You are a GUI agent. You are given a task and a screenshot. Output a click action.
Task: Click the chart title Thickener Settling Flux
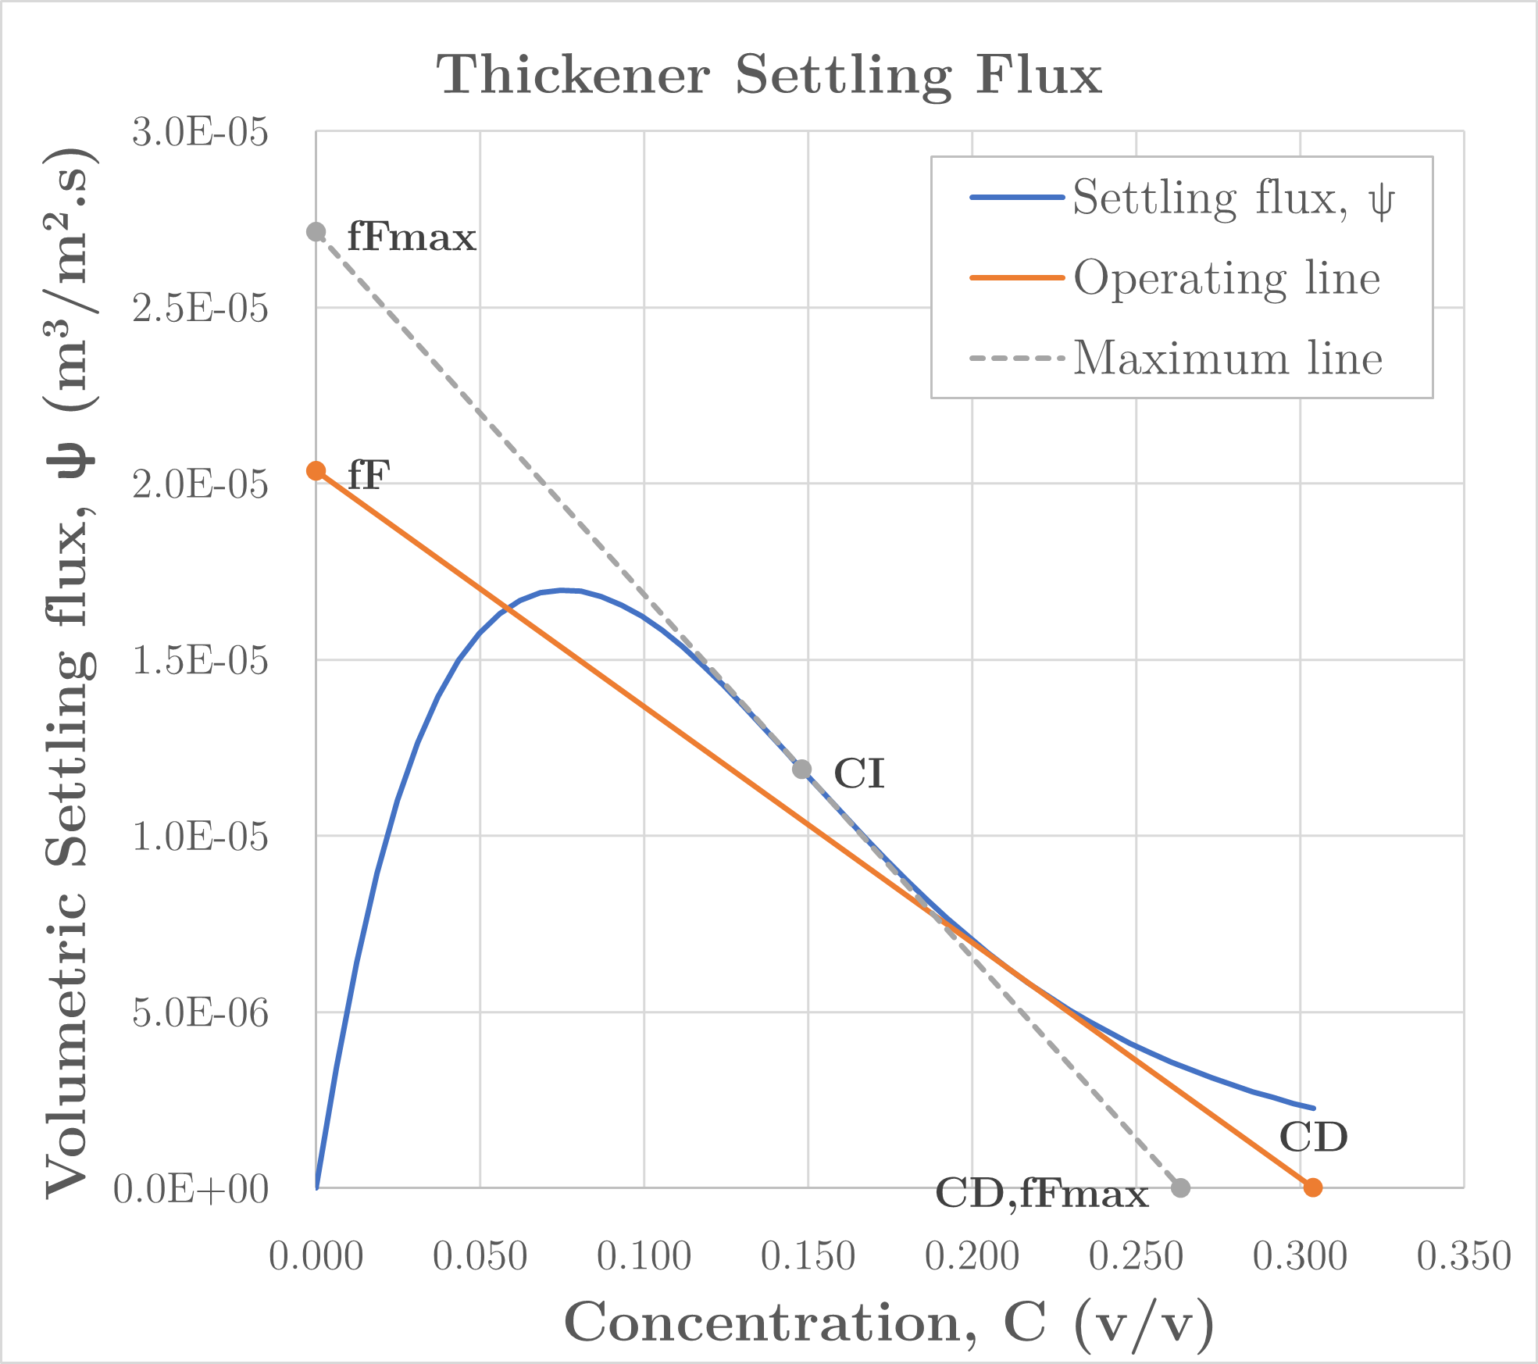pyautogui.click(x=769, y=75)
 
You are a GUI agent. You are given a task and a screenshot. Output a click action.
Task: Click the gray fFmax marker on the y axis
pyautogui.click(x=316, y=232)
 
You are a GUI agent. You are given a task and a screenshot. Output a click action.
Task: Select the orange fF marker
pyautogui.click(x=316, y=470)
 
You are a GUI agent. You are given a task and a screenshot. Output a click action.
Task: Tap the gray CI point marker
pyautogui.click(x=801, y=769)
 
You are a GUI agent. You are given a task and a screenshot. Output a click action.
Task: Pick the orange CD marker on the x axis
pyautogui.click(x=1313, y=1187)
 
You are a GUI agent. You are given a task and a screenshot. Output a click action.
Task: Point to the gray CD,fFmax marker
pyautogui.click(x=1181, y=1187)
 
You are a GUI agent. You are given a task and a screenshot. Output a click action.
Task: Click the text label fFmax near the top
pyautogui.click(x=412, y=237)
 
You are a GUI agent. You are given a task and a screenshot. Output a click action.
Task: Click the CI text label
pyautogui.click(x=859, y=775)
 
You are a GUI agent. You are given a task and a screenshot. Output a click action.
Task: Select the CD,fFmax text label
pyautogui.click(x=1041, y=1194)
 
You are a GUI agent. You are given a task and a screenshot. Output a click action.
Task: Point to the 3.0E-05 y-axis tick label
pyautogui.click(x=200, y=132)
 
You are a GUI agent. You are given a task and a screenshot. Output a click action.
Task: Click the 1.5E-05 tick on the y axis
pyautogui.click(x=200, y=661)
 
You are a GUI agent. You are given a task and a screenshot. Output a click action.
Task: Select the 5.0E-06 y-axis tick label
pyautogui.click(x=200, y=1013)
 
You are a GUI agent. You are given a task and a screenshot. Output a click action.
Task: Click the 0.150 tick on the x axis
pyautogui.click(x=808, y=1257)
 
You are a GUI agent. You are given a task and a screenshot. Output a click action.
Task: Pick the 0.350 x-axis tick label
pyautogui.click(x=1464, y=1257)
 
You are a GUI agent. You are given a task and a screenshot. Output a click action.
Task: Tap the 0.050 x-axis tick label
pyautogui.click(x=480, y=1257)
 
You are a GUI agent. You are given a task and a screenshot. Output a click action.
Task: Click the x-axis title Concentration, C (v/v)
pyautogui.click(x=889, y=1323)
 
